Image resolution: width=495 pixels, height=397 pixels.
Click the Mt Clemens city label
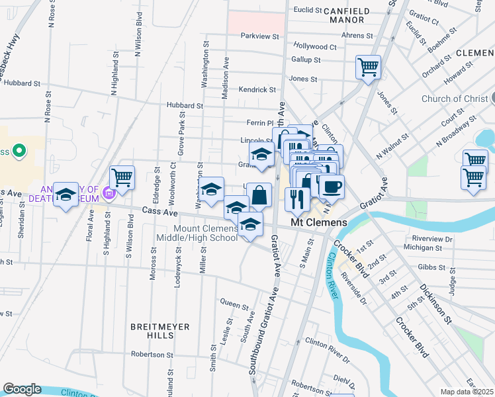(x=319, y=223)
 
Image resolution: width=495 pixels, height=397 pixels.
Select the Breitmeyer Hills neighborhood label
(x=159, y=331)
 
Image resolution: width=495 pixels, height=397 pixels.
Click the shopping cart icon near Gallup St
(x=368, y=67)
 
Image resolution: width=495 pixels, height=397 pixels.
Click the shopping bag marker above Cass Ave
(x=259, y=195)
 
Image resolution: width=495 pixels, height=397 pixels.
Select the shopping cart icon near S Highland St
(x=122, y=177)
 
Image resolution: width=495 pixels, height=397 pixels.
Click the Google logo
(x=22, y=389)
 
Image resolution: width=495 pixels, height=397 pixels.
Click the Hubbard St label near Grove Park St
(x=185, y=105)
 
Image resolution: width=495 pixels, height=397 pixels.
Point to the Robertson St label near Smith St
(x=152, y=355)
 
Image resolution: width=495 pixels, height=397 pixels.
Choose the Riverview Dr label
(x=431, y=238)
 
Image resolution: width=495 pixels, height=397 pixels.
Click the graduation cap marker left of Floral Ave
(x=66, y=194)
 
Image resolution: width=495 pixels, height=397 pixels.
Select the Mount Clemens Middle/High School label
(x=197, y=233)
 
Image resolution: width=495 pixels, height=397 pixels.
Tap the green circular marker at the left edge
(x=19, y=152)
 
